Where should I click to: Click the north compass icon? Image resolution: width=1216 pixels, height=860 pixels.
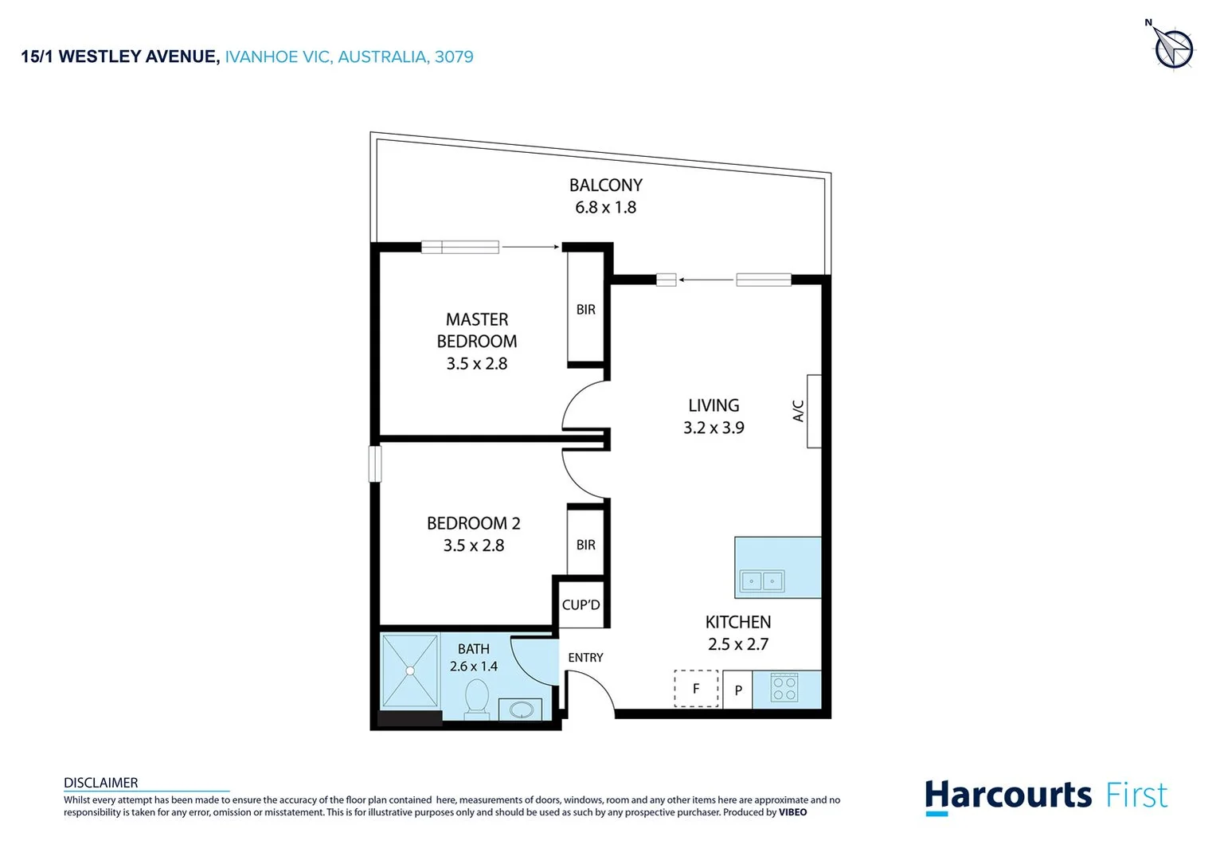pos(1173,49)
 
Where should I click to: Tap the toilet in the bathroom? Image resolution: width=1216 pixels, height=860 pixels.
pos(477,698)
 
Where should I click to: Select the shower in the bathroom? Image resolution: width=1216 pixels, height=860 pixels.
pos(410,670)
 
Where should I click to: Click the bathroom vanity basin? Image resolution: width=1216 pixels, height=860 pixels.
pos(521,709)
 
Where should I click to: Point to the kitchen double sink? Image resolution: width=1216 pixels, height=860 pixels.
pos(762,581)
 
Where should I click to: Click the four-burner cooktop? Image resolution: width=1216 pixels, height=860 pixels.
pos(784,688)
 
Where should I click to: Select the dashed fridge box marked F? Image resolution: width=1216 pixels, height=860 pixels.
pos(696,689)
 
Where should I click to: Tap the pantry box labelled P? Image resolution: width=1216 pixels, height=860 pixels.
pos(738,690)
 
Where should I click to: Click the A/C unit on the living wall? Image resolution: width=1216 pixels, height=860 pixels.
pos(813,411)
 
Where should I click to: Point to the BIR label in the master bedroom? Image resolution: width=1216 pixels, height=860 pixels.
pos(586,310)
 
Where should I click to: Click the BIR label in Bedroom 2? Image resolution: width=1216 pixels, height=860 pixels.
pos(586,545)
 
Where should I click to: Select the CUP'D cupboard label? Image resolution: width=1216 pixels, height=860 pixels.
pos(581,605)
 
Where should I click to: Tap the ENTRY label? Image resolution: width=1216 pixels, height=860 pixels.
pos(585,658)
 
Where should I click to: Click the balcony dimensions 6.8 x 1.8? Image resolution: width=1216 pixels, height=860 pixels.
pos(605,208)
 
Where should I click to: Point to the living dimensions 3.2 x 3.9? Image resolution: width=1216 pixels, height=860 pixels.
pos(714,428)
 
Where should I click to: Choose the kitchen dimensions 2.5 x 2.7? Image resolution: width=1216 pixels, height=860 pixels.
pos(738,644)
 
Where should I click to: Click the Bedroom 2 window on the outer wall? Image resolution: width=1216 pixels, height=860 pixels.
pos(375,463)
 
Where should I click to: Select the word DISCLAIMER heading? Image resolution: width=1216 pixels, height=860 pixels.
pos(101,783)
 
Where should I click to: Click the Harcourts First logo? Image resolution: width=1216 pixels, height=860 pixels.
pos(1046,796)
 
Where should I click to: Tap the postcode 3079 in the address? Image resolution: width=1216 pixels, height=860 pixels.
pos(454,57)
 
